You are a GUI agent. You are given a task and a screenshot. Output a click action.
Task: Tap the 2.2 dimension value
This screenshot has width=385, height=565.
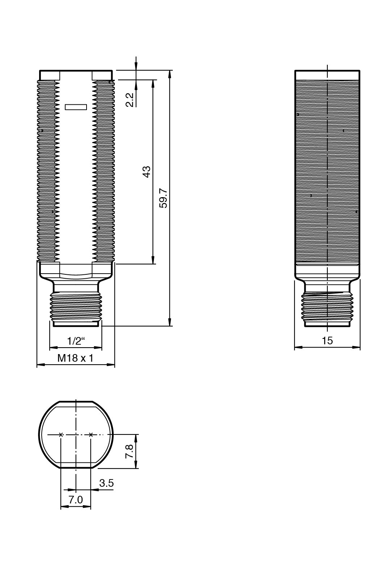129,100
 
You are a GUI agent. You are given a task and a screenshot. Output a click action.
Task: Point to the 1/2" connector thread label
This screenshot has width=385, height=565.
76,341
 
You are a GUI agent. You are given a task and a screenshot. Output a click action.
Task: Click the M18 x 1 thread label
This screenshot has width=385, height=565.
75,358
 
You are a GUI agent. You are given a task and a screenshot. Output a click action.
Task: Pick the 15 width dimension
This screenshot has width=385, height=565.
327,341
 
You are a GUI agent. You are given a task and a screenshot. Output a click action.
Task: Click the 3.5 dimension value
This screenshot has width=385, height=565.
106,483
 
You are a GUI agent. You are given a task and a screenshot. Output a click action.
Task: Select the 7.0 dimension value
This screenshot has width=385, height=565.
76,500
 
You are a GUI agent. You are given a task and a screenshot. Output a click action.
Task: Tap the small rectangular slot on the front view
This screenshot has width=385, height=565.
76,107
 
